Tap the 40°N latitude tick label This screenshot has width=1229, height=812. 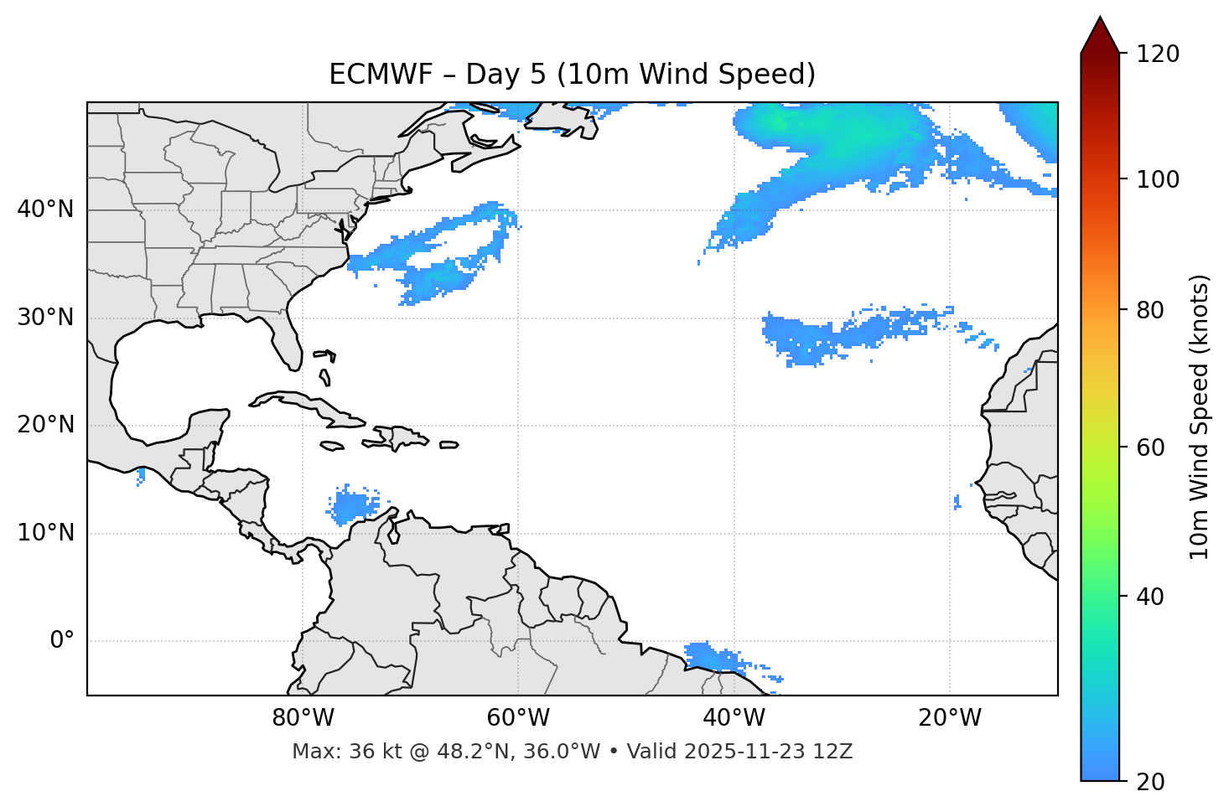45,209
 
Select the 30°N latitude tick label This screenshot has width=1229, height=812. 45,318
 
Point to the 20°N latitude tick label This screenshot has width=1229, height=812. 45,425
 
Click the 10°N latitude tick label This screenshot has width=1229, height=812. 45,533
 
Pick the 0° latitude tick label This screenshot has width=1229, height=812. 62,641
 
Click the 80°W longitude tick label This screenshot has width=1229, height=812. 303,718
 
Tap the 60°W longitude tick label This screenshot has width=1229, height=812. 518,718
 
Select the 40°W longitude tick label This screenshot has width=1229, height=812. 734,718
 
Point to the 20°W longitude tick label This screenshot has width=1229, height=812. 949,718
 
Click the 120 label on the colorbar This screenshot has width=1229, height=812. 1157,54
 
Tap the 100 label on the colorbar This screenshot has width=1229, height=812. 1157,179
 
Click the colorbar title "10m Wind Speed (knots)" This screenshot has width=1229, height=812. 1200,416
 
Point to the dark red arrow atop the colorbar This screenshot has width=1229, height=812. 1100,36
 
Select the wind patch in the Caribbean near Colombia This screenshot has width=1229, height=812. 352,506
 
